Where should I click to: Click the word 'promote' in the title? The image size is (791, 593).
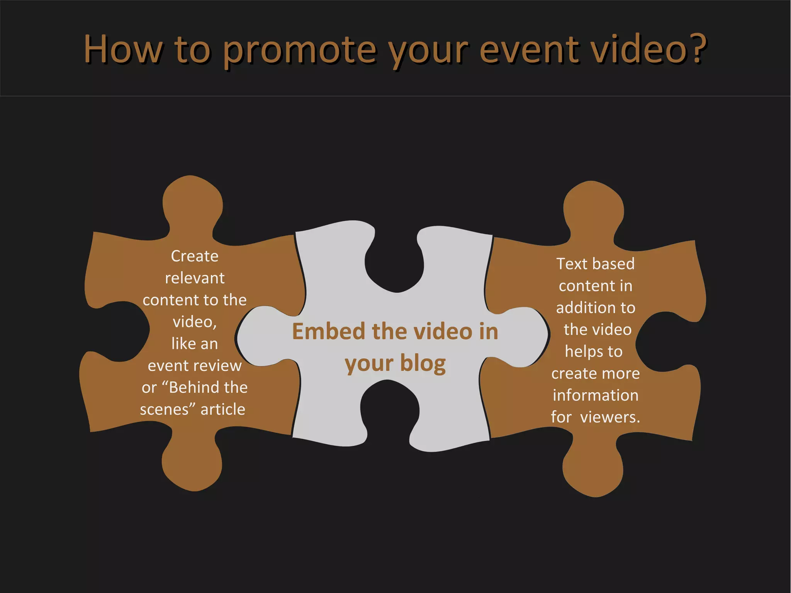point(299,50)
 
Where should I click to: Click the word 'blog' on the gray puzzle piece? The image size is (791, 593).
point(423,363)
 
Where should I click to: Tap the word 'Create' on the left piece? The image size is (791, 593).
point(195,256)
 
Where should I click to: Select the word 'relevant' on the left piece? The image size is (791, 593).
point(195,278)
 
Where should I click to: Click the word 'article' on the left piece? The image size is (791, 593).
point(223,409)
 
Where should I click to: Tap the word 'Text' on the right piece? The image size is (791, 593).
point(572,264)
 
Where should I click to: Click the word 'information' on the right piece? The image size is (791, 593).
point(596,395)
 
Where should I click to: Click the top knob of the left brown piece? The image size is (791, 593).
point(192,203)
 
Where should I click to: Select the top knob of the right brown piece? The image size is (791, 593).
point(594,209)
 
